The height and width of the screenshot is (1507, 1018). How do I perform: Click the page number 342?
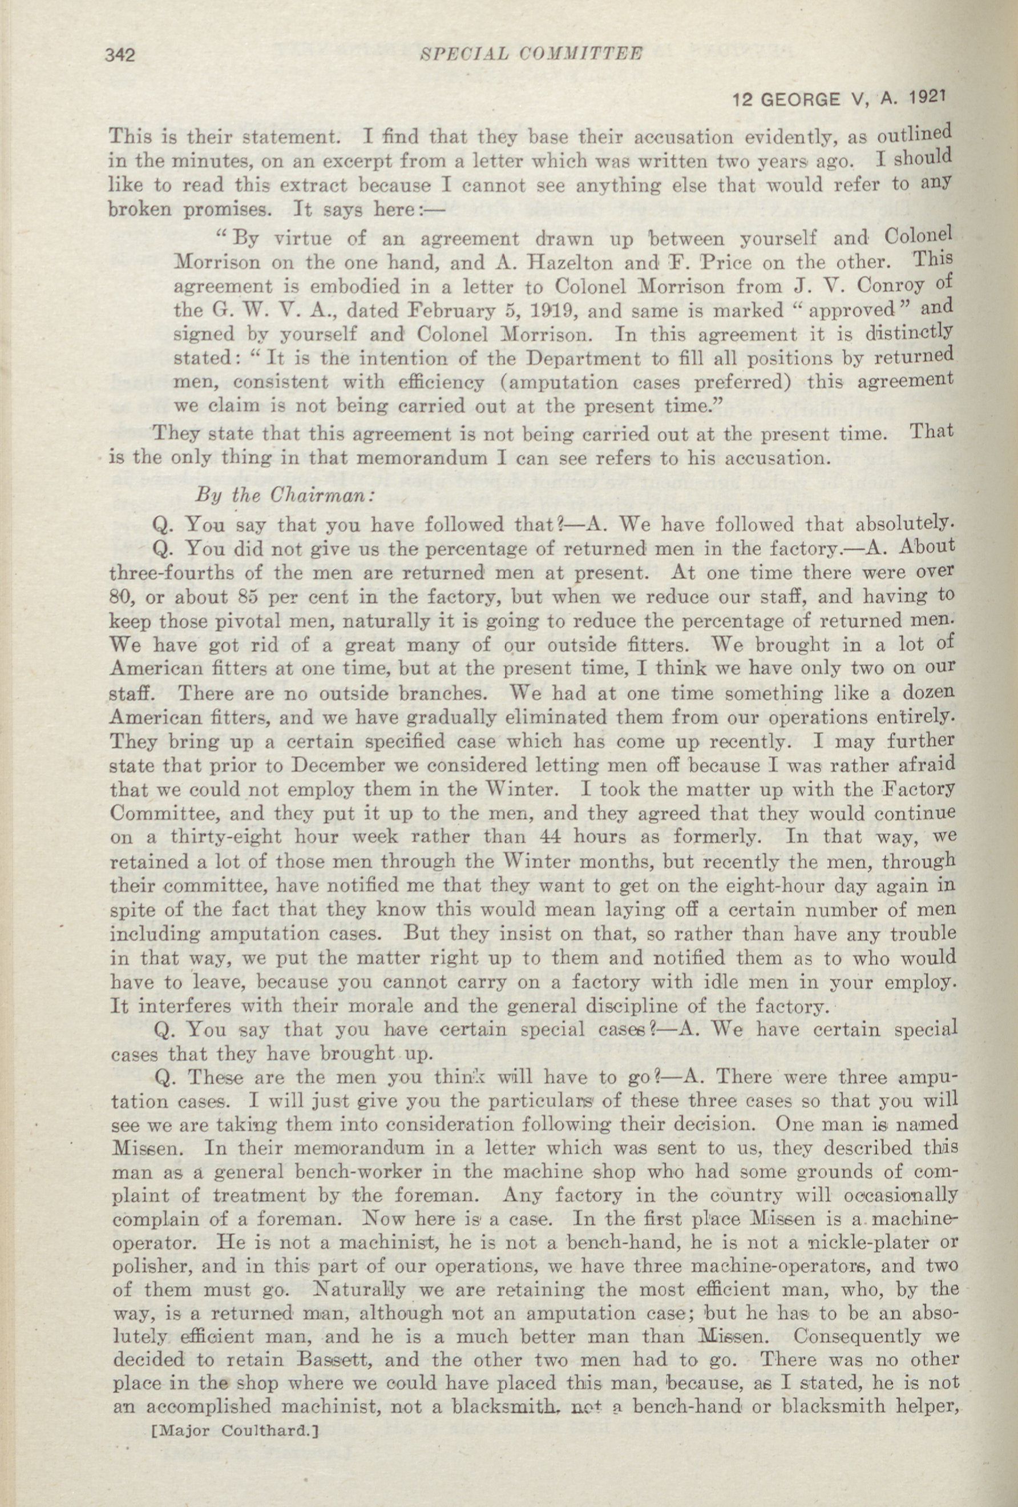point(119,57)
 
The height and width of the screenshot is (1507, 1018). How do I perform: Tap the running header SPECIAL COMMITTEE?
point(530,54)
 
